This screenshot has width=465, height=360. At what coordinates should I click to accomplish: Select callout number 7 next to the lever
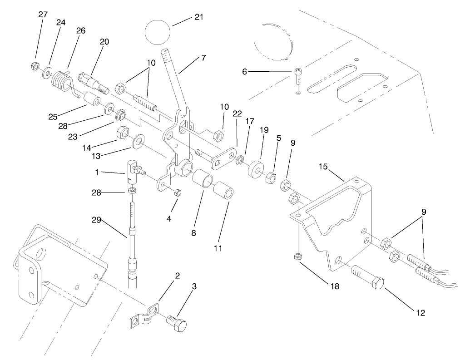[203, 58]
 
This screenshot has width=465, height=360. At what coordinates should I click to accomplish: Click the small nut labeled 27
[34, 66]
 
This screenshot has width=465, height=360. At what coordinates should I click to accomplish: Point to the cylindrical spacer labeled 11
[224, 193]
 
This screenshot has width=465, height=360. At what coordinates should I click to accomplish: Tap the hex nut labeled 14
[122, 133]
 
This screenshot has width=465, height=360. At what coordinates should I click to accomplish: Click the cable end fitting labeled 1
[132, 170]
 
